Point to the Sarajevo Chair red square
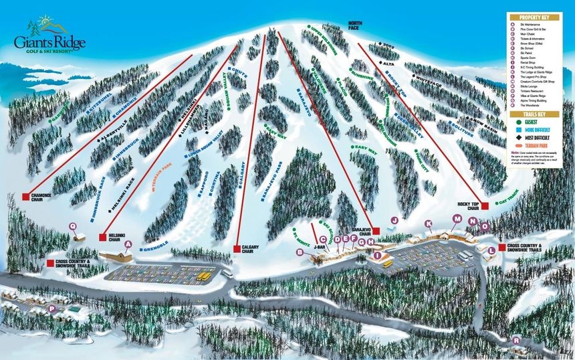pos(376,230)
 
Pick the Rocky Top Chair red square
pos(485,205)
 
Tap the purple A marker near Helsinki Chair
pos(128,245)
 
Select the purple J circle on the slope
pos(394,220)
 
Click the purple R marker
pos(516,341)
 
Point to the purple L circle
pos(491,250)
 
